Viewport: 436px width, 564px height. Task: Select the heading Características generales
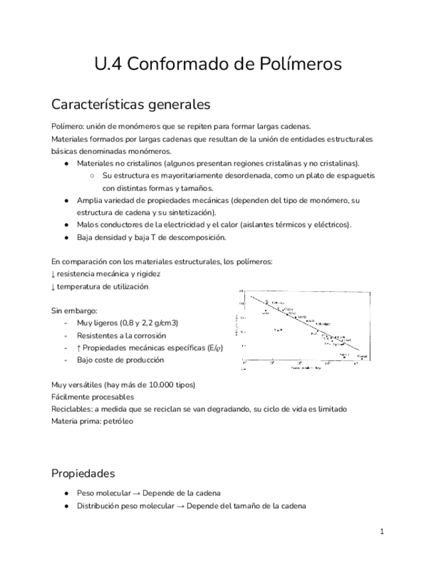point(130,105)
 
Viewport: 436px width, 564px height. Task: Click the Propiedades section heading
point(83,474)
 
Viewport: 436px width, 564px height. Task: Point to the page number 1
point(382,532)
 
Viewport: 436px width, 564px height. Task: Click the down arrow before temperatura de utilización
point(53,287)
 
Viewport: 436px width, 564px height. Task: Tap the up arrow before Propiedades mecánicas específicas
point(79,348)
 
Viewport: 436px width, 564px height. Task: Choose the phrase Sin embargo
point(75,311)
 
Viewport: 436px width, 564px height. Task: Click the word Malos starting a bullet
point(88,225)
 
